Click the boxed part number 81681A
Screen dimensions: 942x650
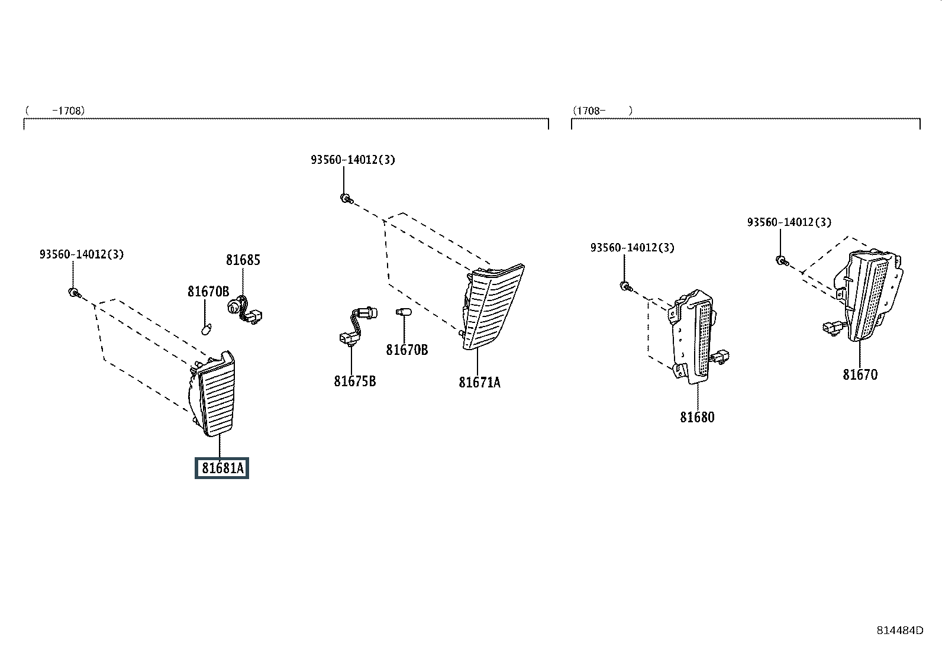tap(222, 468)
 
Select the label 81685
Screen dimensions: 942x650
tap(243, 260)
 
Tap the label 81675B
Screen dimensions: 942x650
tap(355, 381)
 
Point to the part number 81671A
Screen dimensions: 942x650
tap(479, 383)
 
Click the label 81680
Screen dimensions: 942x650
tap(697, 417)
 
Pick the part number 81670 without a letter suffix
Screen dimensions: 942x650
tap(860, 374)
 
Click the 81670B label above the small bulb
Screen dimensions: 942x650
tap(208, 292)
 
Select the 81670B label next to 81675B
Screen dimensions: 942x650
tap(407, 350)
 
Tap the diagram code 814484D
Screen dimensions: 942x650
tap(900, 630)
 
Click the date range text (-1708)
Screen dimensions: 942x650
tap(55, 111)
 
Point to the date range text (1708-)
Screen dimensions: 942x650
tap(602, 111)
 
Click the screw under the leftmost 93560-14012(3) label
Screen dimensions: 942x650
tap(75, 293)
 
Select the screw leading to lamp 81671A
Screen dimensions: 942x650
tap(346, 199)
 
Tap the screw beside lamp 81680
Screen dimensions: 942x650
tap(626, 287)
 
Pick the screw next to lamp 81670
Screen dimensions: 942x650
tap(782, 261)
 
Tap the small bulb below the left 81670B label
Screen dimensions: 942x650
tap(206, 329)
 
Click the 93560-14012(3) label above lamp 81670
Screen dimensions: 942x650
tap(789, 222)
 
